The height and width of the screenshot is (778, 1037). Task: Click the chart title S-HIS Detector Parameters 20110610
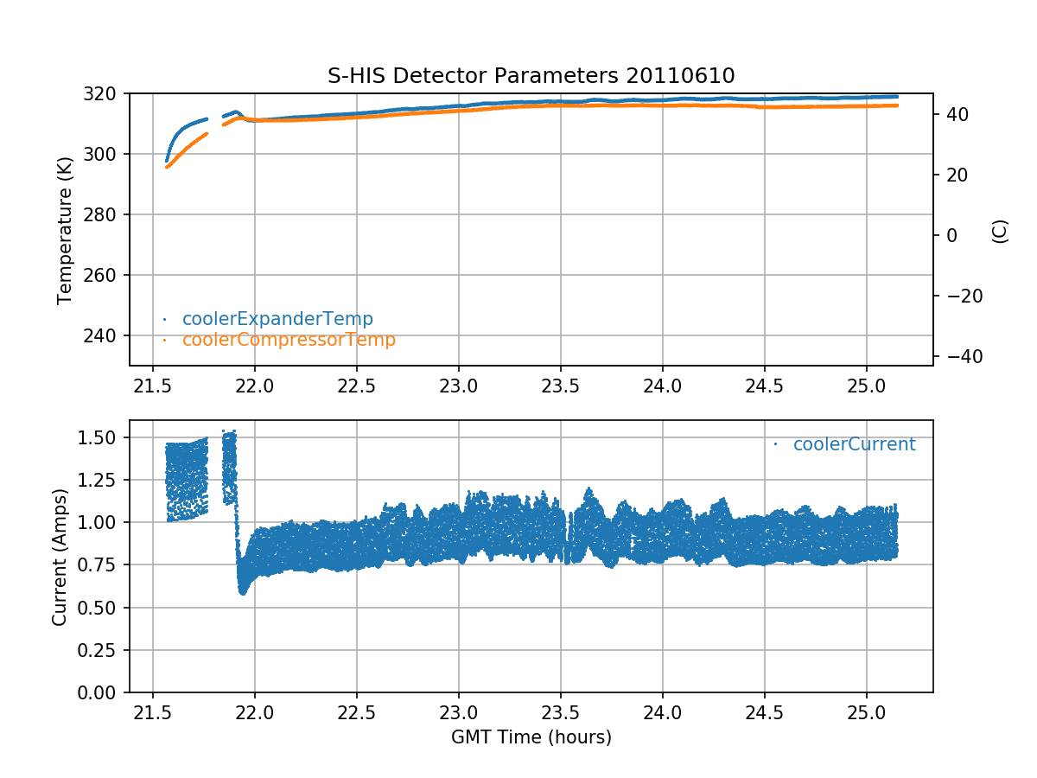(x=531, y=75)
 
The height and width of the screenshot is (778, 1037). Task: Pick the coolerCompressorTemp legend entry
(x=288, y=340)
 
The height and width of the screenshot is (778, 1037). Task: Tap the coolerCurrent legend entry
(x=853, y=444)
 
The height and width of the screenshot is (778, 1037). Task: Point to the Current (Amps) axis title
(x=60, y=556)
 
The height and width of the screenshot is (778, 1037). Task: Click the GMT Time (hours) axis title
(x=531, y=737)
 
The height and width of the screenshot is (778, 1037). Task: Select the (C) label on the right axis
(x=1000, y=231)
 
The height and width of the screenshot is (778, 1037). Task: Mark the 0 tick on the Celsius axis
(x=948, y=235)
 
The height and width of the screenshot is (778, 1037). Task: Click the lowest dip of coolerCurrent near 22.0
(x=243, y=592)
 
